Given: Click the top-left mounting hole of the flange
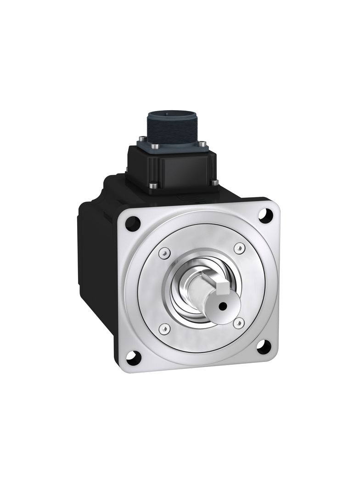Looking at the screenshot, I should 133,223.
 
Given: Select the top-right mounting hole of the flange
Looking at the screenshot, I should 265,215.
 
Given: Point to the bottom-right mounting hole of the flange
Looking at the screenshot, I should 263,347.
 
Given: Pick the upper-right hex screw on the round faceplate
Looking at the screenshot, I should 239,248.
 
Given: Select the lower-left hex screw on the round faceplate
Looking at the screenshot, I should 164,328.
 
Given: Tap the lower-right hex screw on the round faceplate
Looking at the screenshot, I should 238,323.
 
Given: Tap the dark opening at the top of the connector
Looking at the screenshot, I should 170,113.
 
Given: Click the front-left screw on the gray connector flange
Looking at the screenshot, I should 156,147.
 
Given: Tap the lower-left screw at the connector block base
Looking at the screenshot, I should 153,186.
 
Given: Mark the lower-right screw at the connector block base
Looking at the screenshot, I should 214,183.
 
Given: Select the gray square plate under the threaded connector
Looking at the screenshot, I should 179,148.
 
